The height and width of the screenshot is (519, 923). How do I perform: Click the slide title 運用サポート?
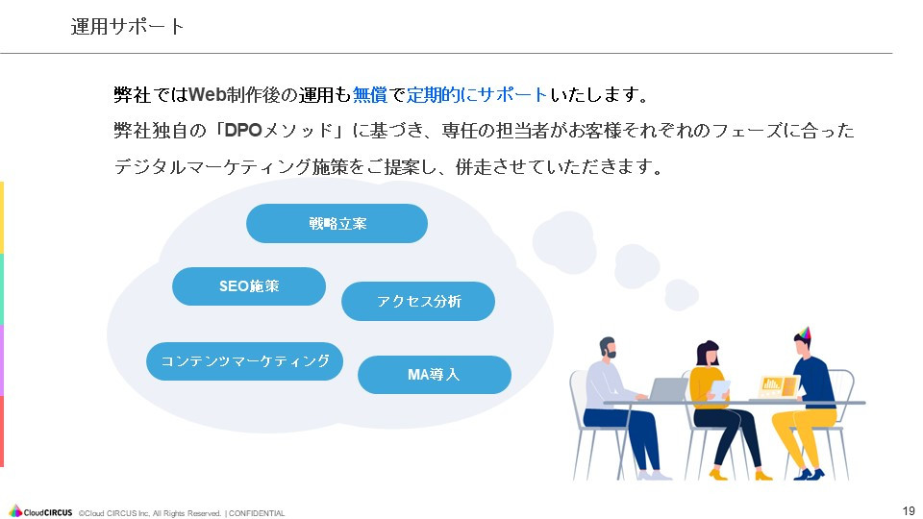coord(128,27)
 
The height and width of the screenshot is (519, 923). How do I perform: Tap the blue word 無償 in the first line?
coord(369,95)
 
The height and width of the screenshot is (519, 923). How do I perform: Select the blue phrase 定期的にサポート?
coord(477,95)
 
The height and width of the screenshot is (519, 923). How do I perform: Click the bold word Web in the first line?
coord(208,95)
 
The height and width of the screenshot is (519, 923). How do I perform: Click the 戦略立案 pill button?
coord(337,224)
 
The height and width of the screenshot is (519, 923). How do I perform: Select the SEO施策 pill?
coord(249,286)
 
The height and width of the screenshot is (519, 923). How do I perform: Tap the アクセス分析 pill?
coord(418,302)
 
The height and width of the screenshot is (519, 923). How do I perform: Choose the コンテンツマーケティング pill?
coord(244,361)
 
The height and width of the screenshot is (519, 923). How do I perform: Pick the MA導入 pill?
coord(434,375)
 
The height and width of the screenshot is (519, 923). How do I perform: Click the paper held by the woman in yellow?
coord(719,388)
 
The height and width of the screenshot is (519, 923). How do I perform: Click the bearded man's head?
coord(608,348)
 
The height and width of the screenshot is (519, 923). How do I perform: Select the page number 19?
coord(908,510)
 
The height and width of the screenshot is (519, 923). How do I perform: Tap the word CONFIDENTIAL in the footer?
coord(257,513)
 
